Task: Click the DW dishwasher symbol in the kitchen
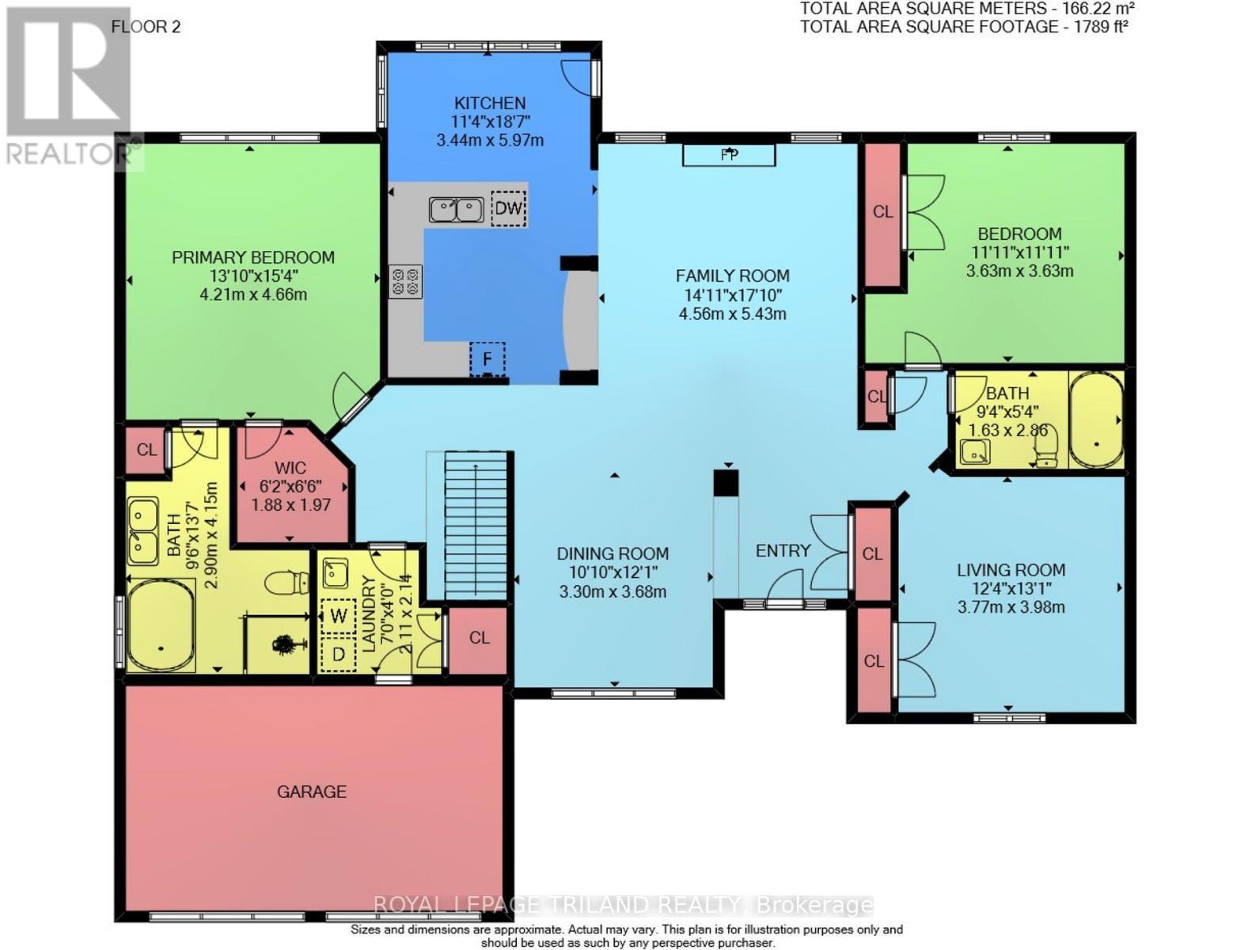coord(508,208)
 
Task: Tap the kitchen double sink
coord(456,209)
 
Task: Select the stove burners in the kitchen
coord(405,281)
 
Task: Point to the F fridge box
coord(487,358)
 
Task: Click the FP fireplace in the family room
coord(728,154)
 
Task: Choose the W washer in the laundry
coord(339,616)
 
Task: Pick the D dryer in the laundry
coord(339,655)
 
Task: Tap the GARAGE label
coord(312,792)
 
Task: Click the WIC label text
coord(290,468)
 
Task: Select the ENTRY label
coord(783,550)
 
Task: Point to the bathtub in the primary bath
coord(161,625)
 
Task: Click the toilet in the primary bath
coord(286,582)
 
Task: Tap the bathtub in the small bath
coord(1095,420)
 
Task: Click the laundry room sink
coord(335,574)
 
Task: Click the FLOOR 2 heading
coord(146,27)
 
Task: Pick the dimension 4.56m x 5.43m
coord(733,313)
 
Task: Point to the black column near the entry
coord(726,483)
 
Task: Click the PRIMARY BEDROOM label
coord(253,257)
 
